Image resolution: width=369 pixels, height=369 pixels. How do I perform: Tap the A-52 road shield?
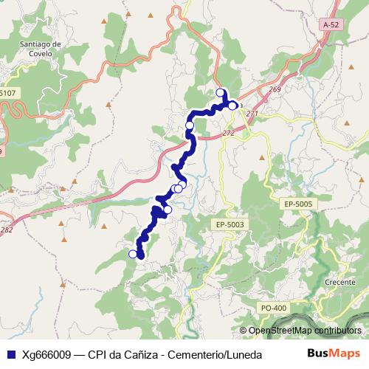pos(331,24)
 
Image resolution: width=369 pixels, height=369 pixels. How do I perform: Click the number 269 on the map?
pos(275,90)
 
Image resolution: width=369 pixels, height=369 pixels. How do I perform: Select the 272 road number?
pos(227,133)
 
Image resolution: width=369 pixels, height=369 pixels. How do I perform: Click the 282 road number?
pos(7,230)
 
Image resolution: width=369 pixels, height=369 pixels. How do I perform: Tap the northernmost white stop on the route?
pos(220,92)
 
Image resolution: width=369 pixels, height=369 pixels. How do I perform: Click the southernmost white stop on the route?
pos(133,254)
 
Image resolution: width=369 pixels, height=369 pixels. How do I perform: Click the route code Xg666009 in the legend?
pos(48,354)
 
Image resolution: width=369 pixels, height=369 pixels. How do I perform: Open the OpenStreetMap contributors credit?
pos(305,331)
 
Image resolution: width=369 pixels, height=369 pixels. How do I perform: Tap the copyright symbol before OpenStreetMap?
pos(244,331)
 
